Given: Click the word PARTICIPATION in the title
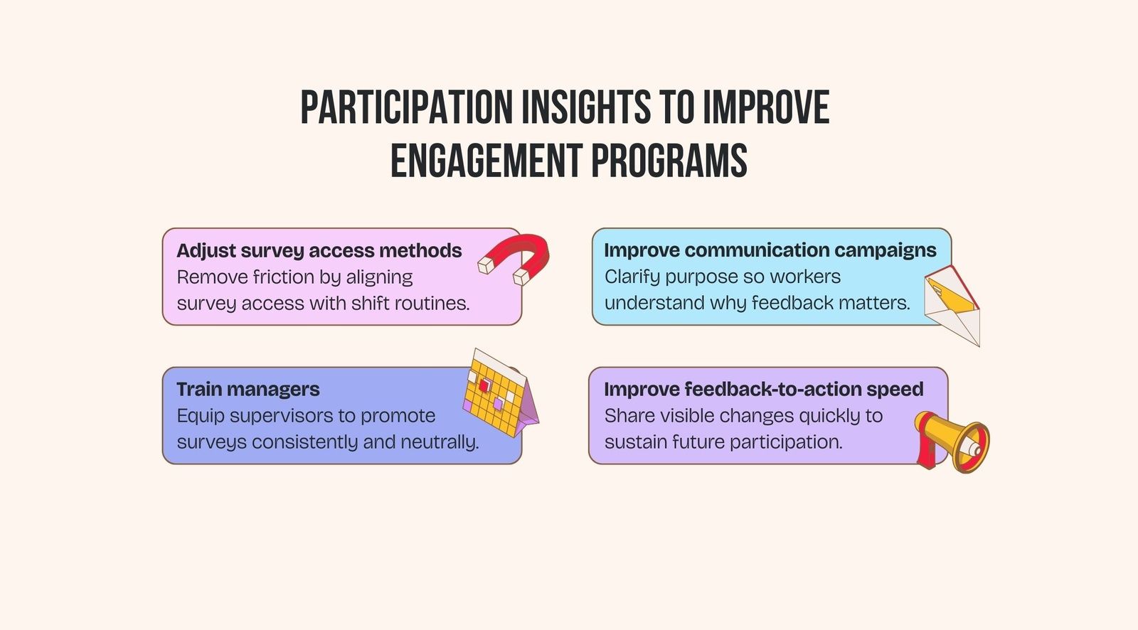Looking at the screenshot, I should tap(406, 108).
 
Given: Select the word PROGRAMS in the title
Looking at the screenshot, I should tap(669, 161).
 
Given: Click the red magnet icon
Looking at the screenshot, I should tap(518, 257).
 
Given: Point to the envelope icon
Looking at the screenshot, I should tap(953, 304).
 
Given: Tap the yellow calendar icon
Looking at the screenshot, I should tap(498, 394).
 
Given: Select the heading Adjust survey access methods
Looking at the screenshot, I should tap(319, 250).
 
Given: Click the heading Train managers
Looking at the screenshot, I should tap(248, 389).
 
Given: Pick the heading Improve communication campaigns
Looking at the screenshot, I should tap(770, 250).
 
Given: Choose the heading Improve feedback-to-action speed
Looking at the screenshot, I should tap(763, 389).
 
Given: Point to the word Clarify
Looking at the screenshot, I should tap(632, 277).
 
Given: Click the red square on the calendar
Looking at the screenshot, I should tap(484, 385).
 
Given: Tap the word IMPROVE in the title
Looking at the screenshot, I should tap(765, 108).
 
